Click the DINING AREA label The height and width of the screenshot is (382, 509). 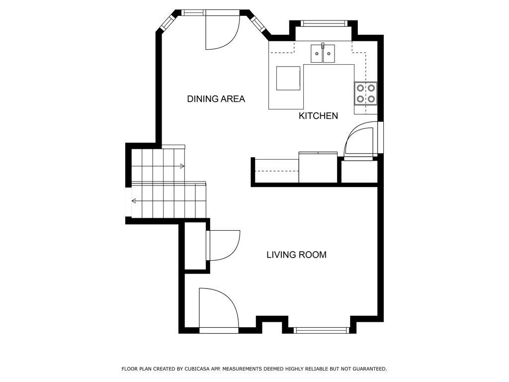[x=216, y=99]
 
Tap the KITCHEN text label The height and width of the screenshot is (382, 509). [x=318, y=116]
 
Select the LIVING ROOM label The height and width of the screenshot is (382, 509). [x=296, y=255]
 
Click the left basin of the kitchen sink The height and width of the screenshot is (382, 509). [x=317, y=53]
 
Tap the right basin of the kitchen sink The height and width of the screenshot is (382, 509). [x=329, y=53]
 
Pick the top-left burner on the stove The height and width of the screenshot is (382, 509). [x=359, y=88]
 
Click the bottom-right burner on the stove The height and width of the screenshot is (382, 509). [x=371, y=98]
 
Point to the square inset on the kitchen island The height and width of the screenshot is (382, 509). [x=288, y=78]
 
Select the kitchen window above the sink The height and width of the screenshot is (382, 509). [x=324, y=23]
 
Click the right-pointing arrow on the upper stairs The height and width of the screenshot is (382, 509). [x=182, y=166]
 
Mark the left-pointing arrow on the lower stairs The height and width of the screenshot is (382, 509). [x=134, y=201]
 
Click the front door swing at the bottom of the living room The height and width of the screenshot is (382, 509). [x=217, y=308]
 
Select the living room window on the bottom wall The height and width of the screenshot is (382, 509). [x=321, y=330]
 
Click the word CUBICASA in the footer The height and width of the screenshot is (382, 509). [x=199, y=369]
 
